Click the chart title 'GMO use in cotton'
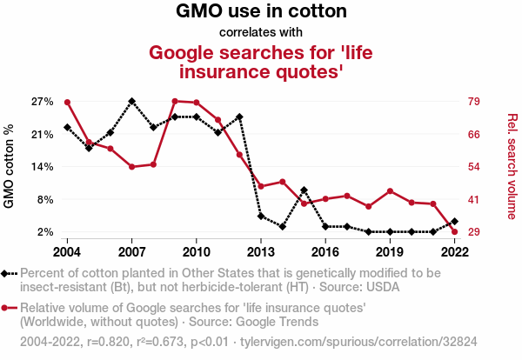tap(261, 12)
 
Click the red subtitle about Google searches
tap(261, 61)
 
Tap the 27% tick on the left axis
tap(43, 102)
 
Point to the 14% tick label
tap(43, 167)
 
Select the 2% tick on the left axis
tap(46, 232)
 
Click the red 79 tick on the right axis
tap(475, 102)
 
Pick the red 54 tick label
tap(475, 167)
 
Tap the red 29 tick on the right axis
tap(475, 232)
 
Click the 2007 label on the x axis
tap(131, 251)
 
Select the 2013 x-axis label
tap(261, 251)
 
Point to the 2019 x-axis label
tap(390, 251)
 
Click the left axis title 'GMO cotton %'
tap(10, 167)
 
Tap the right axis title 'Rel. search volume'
tap(512, 167)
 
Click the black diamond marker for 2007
tap(131, 101)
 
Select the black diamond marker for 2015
tap(304, 190)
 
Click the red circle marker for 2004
tap(67, 102)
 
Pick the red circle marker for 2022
tap(455, 231)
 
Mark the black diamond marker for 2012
tap(239, 117)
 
